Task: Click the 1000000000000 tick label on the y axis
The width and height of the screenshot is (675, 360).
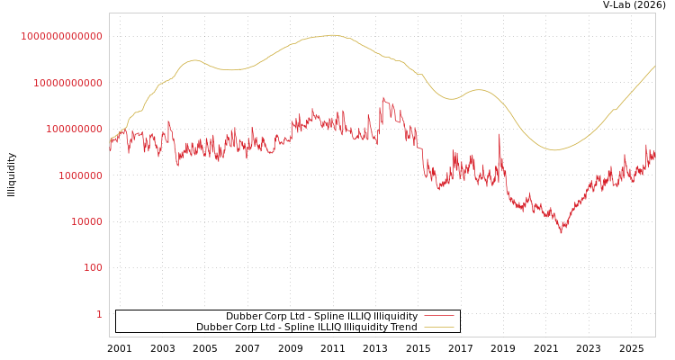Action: [62, 36]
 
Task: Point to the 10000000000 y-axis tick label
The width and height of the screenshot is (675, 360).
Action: [67, 83]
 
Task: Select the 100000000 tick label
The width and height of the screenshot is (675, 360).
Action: [73, 129]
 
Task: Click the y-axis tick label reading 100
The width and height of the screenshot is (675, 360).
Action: [93, 267]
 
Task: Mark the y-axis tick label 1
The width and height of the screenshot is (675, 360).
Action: [99, 314]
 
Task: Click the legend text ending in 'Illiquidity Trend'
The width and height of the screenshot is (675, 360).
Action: [306, 327]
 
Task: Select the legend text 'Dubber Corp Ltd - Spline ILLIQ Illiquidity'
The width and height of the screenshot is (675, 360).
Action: [321, 316]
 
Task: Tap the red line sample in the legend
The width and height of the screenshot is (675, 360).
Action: [438, 316]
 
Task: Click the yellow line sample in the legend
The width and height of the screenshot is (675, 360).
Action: [438, 327]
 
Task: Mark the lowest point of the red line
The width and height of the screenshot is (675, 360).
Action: [562, 233]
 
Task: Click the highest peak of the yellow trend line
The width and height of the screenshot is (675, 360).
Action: [333, 35]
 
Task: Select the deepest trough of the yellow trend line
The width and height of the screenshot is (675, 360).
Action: [554, 150]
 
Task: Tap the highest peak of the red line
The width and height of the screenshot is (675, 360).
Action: [382, 97]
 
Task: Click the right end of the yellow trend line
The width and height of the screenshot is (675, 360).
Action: [654, 66]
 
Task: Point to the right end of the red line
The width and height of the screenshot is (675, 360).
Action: [654, 153]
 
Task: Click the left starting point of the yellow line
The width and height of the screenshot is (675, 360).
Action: [110, 141]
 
